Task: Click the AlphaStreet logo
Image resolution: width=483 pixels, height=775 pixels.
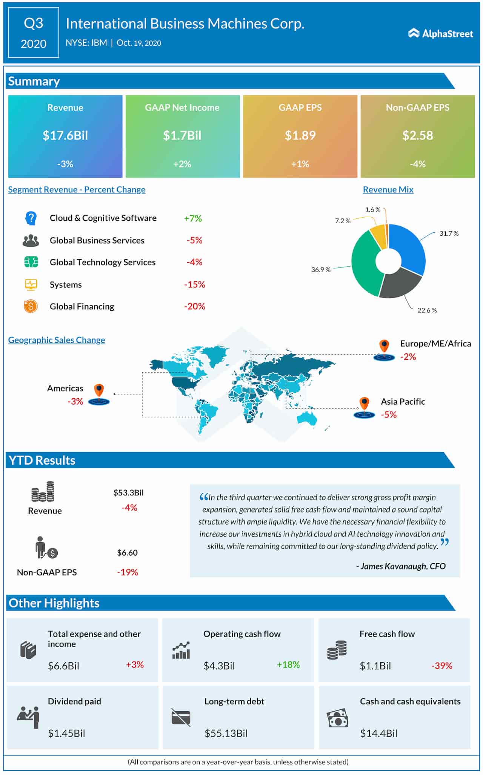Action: pos(440,34)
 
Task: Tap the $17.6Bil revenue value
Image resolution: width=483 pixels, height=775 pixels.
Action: pos(65,135)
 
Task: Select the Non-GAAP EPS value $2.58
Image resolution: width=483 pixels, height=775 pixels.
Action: pos(417,135)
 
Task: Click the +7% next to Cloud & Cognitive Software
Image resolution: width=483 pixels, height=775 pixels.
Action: pos(193,218)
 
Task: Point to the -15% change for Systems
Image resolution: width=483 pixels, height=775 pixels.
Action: pos(194,285)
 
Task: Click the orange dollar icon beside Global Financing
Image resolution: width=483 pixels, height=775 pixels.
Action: pos(31,306)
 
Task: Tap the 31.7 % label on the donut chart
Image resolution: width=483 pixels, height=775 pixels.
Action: pos(449,234)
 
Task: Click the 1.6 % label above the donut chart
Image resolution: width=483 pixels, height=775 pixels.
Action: pos(373,210)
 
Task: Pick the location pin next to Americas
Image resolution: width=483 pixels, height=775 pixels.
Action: pos(99,390)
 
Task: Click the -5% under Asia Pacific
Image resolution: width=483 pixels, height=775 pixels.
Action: pos(389,415)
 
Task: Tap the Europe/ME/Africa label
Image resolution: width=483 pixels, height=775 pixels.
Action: pos(435,344)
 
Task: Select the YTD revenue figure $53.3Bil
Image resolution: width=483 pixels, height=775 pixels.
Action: pos(128,493)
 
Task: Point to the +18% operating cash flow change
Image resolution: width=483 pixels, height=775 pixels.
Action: pos(288,665)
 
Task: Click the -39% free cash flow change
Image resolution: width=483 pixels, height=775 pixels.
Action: pos(441,666)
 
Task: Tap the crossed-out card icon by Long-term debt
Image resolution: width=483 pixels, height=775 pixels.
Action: pos(181,717)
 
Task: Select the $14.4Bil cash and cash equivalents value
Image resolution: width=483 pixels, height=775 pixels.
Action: pos(378,733)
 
